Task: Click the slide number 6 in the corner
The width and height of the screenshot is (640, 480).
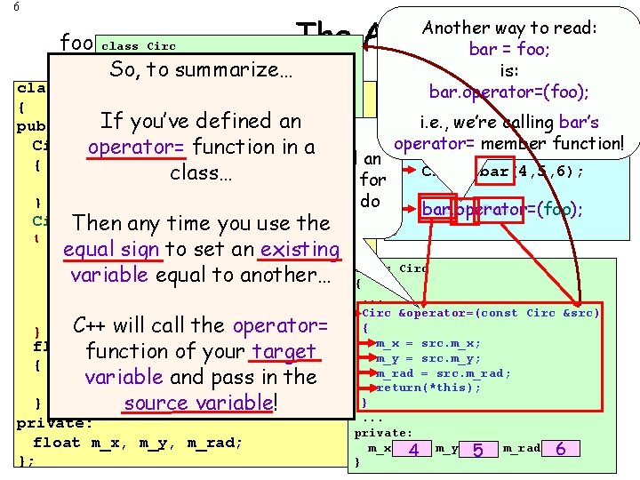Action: (x=5, y=6)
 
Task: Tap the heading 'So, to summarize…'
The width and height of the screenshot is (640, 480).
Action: (x=201, y=68)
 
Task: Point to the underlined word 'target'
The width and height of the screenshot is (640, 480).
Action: (x=284, y=352)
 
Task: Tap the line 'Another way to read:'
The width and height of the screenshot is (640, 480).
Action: (x=509, y=28)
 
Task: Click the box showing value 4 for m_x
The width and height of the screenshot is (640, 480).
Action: (x=413, y=450)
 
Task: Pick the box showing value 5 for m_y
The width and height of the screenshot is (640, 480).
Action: (x=478, y=450)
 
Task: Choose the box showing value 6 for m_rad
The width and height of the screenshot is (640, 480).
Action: (x=560, y=450)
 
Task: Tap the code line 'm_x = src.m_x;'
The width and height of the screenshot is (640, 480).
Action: (x=428, y=343)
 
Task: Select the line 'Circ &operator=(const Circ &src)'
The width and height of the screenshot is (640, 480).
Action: (x=481, y=313)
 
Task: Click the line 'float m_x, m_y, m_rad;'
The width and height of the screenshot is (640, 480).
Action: (x=138, y=442)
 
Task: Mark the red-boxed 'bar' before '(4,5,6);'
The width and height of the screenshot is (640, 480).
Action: (x=494, y=171)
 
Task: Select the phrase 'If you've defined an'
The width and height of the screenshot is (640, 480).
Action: (x=201, y=120)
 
